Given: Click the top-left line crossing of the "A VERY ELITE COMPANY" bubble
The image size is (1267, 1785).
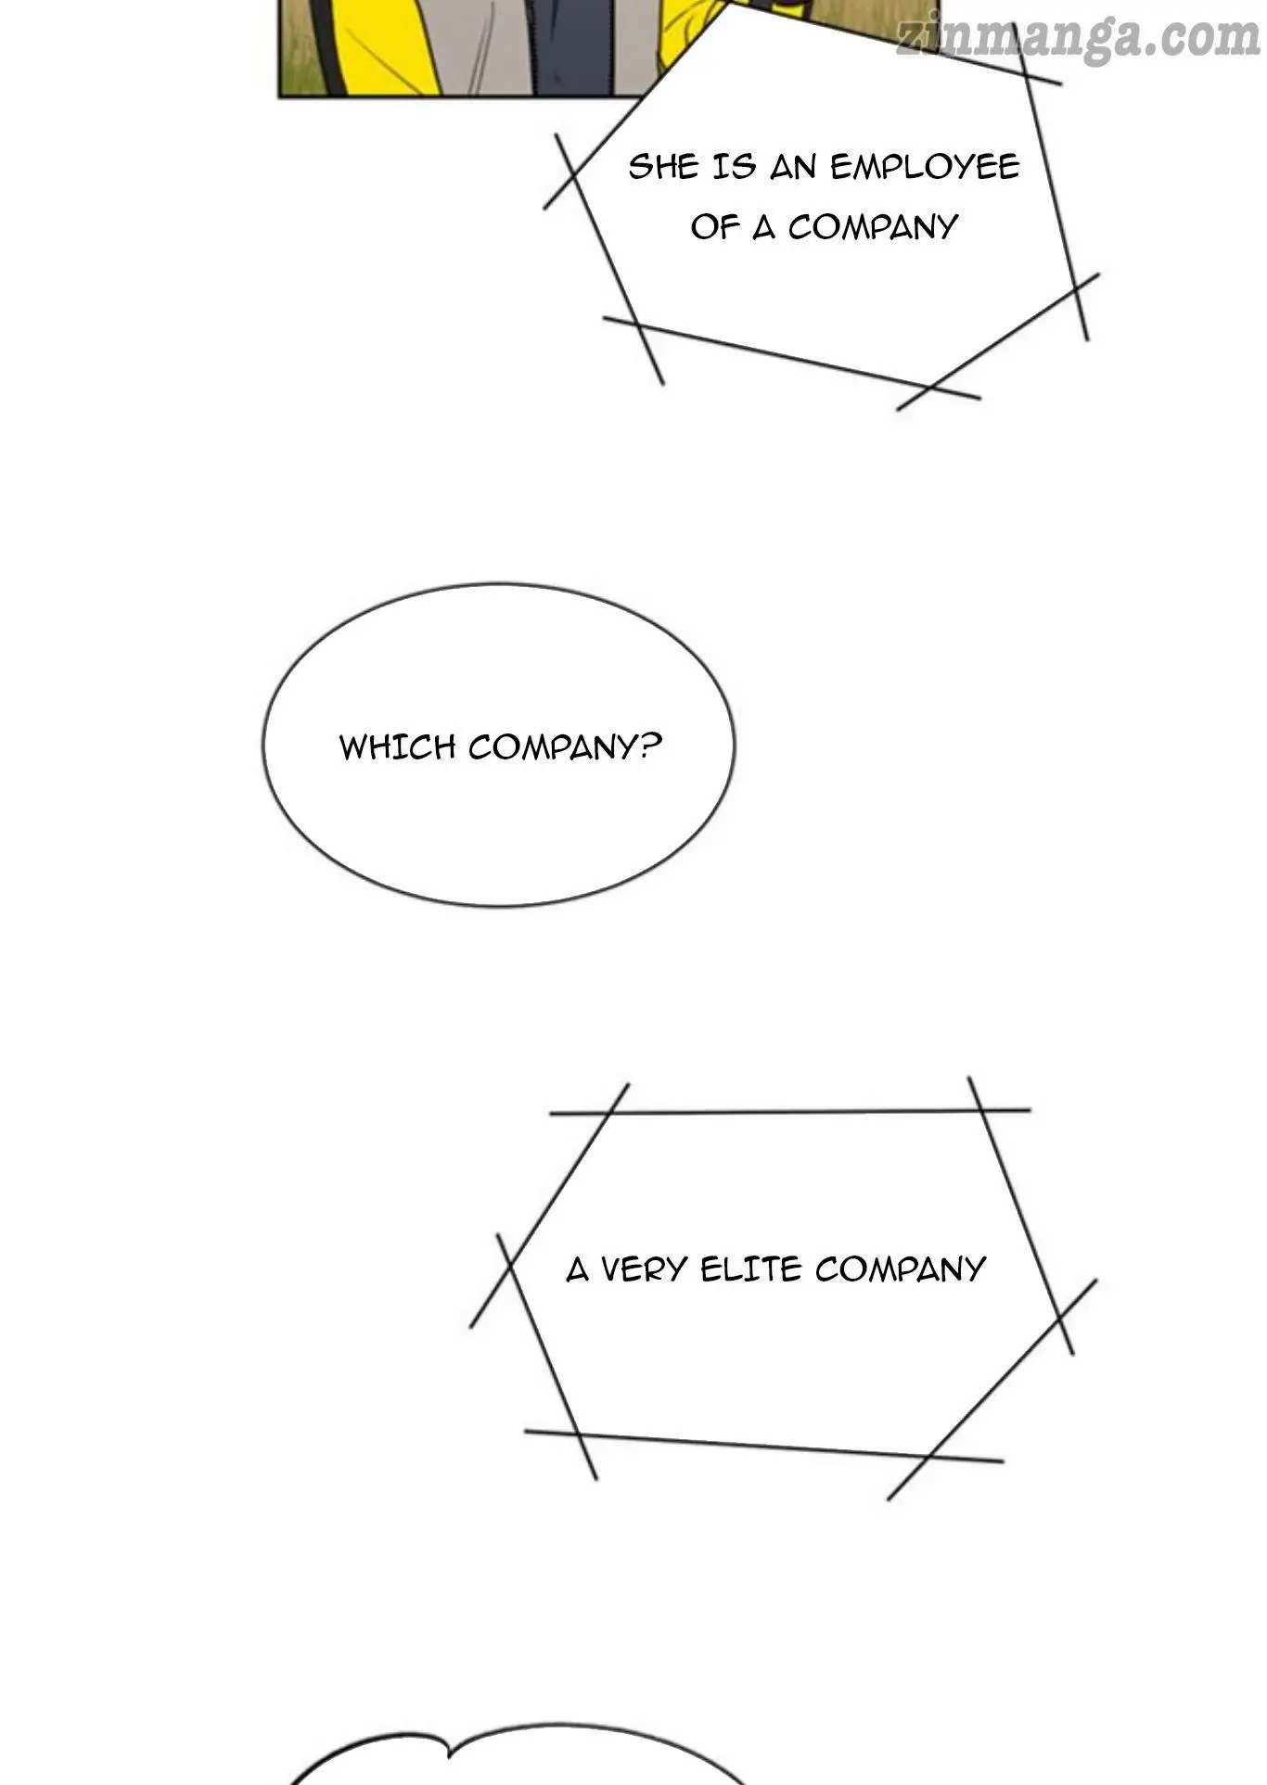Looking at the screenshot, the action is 613,1112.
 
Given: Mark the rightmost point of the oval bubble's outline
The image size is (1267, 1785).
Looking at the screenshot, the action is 735,747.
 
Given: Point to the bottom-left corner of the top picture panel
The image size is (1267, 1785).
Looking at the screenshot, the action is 279,96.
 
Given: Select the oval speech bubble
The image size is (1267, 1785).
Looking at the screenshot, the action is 499,745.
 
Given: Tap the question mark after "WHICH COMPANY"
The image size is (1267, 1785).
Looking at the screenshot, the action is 652,746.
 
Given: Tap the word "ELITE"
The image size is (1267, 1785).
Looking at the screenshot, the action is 749,1268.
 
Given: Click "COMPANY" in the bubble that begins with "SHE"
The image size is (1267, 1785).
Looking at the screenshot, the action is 872,227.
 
